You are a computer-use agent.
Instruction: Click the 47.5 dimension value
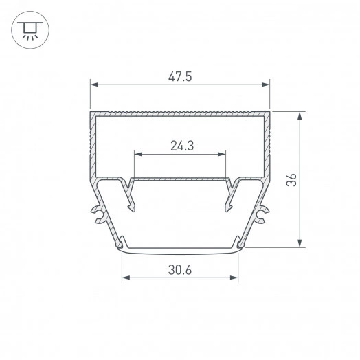pos(180,76)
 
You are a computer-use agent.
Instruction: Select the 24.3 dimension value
pos(182,146)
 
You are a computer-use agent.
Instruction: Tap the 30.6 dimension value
pos(180,270)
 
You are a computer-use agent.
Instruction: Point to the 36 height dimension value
pos(292,180)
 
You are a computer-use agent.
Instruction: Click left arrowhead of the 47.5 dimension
pos(94,85)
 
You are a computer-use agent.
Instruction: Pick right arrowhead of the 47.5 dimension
pos(266,85)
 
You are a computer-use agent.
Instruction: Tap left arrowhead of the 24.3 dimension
pos(139,154)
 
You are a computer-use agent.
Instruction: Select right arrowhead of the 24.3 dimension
pos(221,154)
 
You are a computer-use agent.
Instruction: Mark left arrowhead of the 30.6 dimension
pos(126,278)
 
